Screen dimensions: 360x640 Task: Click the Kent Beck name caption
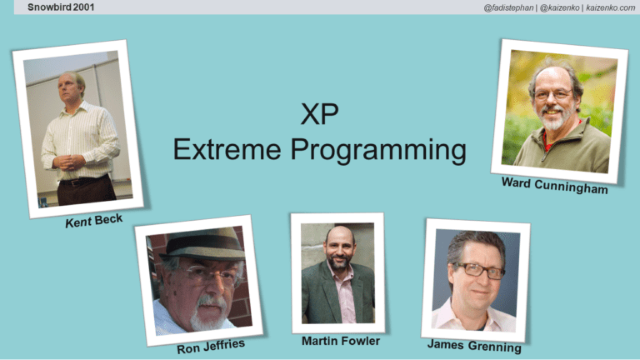(x=94, y=224)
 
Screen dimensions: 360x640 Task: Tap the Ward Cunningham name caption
(x=553, y=187)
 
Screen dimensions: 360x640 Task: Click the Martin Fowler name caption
(x=341, y=342)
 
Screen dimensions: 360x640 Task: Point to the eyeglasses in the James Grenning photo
(x=478, y=270)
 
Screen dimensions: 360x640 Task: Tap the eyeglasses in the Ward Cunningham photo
(x=553, y=94)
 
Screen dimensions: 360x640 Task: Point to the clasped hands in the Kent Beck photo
(x=69, y=162)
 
